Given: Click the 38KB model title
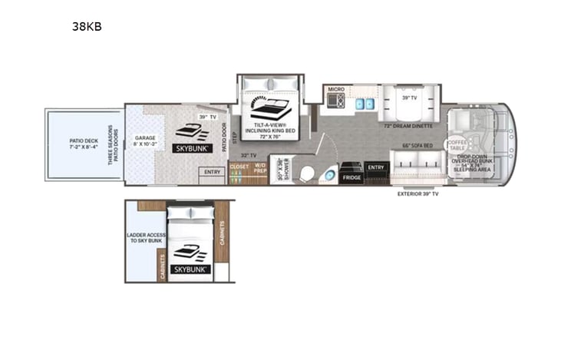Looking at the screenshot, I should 87,27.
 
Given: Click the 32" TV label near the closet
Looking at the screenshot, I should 246,155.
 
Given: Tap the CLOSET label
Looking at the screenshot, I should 239,166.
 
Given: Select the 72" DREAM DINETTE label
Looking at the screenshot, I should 408,125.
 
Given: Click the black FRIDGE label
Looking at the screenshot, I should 351,177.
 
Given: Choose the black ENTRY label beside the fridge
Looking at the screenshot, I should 376,167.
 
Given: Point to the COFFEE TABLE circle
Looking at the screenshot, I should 457,144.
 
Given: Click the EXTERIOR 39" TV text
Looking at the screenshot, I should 418,194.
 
